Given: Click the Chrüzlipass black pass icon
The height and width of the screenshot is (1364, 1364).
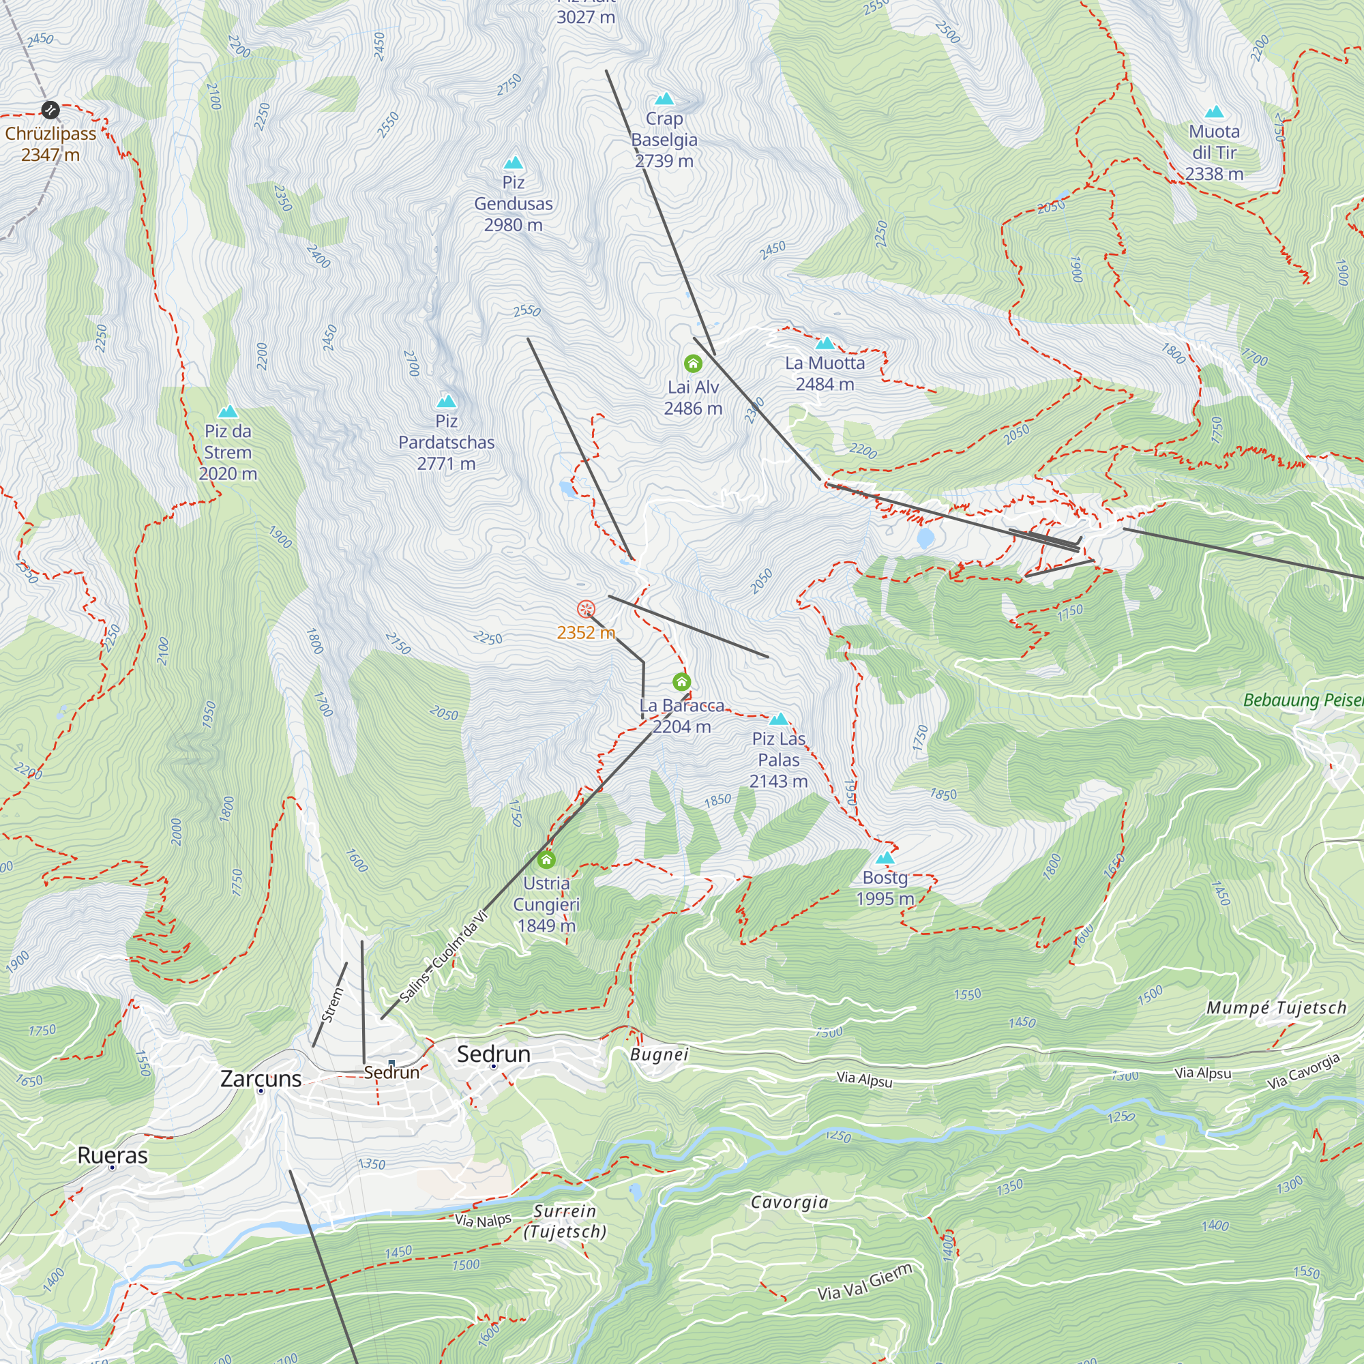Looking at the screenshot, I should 50,110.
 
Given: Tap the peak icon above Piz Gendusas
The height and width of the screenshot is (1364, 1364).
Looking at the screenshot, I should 514,163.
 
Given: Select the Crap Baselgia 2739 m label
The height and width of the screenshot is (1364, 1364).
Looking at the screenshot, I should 664,140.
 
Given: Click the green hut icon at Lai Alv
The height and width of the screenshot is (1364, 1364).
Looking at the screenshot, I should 693,364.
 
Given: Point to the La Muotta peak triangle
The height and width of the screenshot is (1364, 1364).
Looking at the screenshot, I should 825,344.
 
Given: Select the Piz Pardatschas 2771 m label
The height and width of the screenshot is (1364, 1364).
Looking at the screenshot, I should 446,443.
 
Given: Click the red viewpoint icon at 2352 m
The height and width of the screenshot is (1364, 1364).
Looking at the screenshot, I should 586,609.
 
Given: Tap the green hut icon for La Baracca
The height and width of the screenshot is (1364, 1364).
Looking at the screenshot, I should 681,682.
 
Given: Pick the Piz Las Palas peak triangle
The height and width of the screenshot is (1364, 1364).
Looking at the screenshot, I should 778,720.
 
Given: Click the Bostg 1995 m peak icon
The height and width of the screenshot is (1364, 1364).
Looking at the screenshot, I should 885,858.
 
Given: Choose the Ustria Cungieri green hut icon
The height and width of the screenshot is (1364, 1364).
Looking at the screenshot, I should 546,860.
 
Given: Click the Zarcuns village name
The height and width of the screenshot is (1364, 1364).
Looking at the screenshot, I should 261,1079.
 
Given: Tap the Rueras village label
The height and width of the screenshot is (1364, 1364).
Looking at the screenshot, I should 113,1156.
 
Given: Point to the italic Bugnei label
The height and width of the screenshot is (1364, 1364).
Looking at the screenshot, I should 659,1055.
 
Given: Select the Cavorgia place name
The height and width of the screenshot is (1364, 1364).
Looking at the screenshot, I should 789,1202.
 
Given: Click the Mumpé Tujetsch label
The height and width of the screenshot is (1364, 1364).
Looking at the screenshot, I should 1277,1008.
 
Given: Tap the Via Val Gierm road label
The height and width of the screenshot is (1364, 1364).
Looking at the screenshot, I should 865,1282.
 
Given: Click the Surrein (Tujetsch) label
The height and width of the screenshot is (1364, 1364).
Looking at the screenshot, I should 565,1221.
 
